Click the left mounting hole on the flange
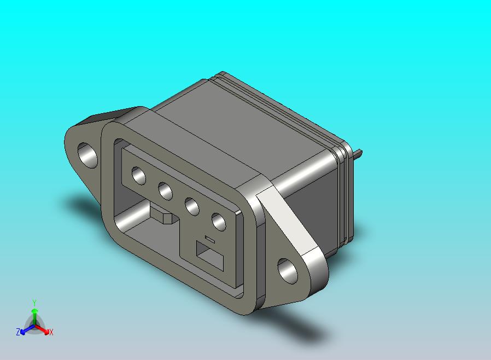click(87, 155)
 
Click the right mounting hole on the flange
click(288, 271)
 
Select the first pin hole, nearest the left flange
click(139, 175)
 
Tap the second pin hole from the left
click(165, 191)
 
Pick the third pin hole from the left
click(192, 206)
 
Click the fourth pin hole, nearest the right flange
click(219, 222)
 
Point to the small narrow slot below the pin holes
click(210, 239)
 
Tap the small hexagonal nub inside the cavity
click(167, 218)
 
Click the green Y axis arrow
click(34, 316)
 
